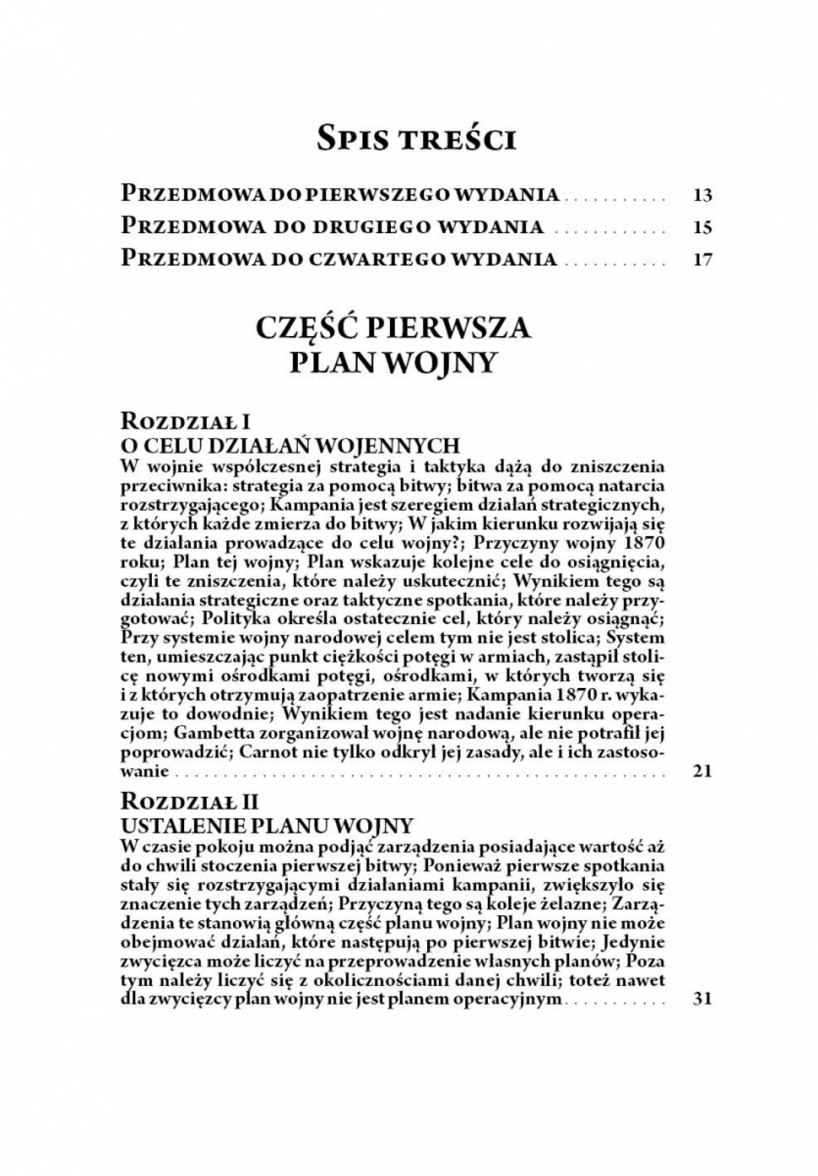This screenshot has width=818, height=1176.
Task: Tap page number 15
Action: [x=701, y=227]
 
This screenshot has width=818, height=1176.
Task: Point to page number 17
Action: [x=701, y=259]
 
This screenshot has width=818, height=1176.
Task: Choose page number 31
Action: [x=701, y=999]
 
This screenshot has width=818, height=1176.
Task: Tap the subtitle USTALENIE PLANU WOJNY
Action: [x=266, y=824]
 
